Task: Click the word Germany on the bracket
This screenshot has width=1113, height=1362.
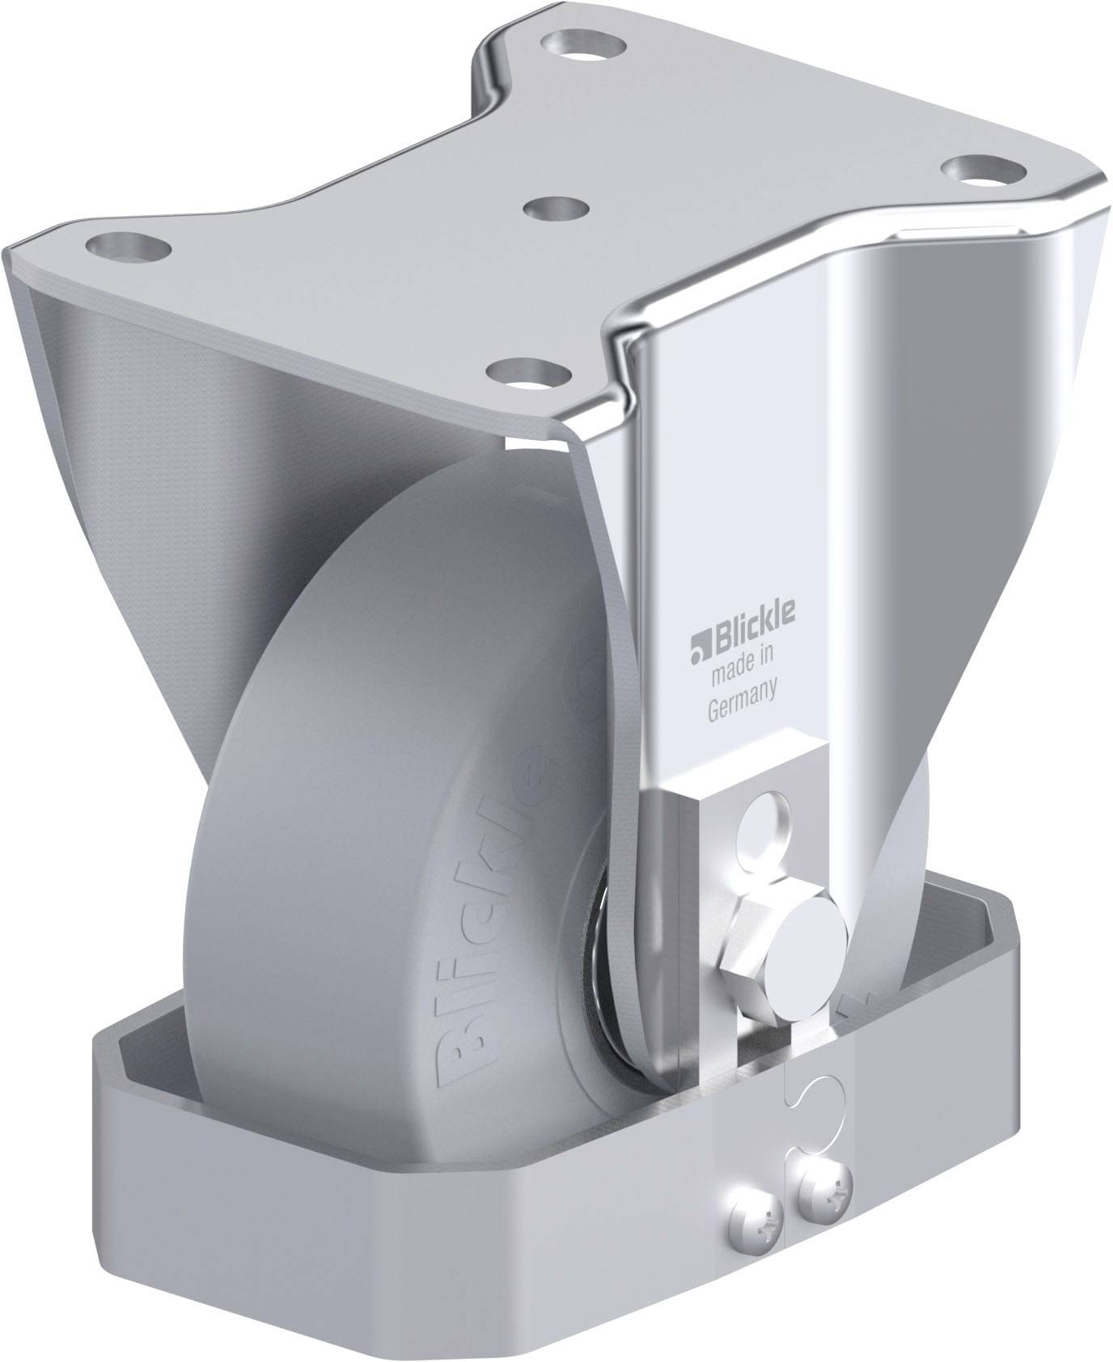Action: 743,687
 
